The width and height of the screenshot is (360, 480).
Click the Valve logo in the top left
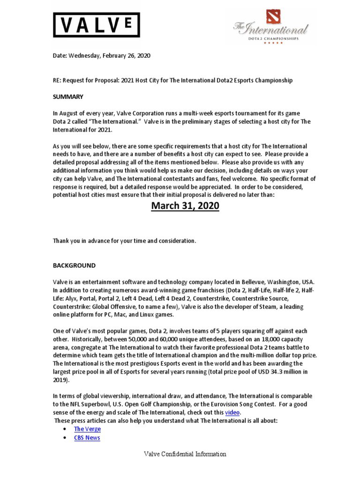click(96, 25)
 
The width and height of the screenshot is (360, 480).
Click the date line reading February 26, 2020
click(101, 55)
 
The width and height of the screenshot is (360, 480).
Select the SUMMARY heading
click(67, 97)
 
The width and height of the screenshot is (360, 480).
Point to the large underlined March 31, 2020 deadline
click(185, 206)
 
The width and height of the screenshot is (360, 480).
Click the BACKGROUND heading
click(74, 265)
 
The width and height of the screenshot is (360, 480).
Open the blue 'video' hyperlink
click(232, 412)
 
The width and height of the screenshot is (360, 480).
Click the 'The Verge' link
click(87, 429)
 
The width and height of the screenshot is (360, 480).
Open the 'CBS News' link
click(87, 438)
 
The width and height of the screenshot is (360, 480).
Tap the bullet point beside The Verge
click(64, 429)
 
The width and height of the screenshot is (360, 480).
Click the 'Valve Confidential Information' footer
click(185, 454)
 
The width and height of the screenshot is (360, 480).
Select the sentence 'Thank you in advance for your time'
click(124, 241)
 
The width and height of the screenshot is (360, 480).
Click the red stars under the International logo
click(273, 43)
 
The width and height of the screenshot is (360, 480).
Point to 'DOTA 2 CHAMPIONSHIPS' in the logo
click(273, 38)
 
